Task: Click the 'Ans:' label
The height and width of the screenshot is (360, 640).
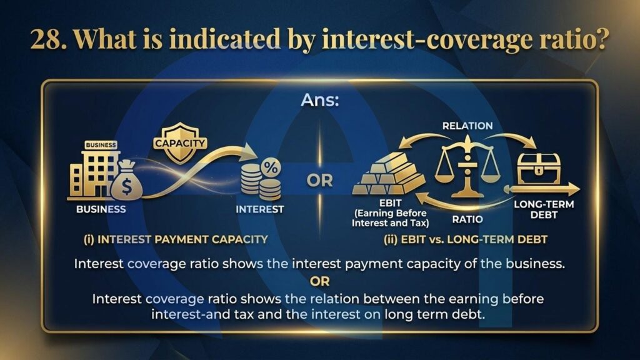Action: tap(320, 100)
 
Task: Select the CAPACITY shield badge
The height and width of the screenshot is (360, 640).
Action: tap(180, 143)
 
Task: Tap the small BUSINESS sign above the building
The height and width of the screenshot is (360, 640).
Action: tap(101, 145)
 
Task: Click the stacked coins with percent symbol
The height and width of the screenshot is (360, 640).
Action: tap(261, 179)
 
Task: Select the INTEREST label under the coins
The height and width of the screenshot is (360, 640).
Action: tap(259, 209)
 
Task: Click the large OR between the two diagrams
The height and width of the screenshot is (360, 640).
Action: tap(319, 181)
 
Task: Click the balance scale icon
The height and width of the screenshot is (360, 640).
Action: tap(467, 167)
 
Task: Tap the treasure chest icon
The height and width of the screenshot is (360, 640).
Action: tap(538, 170)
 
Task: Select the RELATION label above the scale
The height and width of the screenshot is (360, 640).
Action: tap(467, 126)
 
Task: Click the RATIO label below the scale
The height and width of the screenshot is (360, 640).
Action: tap(467, 219)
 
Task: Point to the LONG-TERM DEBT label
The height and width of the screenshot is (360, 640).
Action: tap(544, 209)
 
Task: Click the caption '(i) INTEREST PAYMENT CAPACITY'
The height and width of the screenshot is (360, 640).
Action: tap(176, 239)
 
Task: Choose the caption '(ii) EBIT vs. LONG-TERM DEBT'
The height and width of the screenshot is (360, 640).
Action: tap(465, 239)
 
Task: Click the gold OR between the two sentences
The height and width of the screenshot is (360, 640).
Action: tap(319, 281)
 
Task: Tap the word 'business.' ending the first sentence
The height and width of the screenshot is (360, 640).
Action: tap(535, 264)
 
